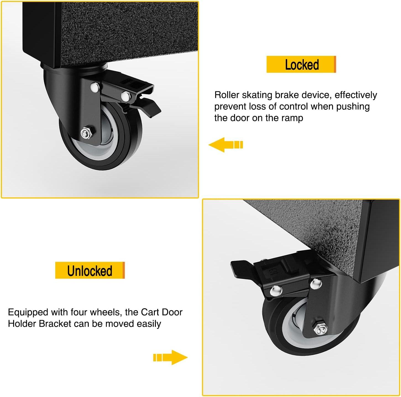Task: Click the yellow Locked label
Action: coord(301,64)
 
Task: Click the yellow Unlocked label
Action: coord(90,270)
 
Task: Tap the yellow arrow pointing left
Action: coord(225,145)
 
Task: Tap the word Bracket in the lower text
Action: coord(55,324)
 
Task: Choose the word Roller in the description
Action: coord(227,95)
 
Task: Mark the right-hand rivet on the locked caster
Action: coord(125,96)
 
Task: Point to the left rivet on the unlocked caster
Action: coord(276,290)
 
